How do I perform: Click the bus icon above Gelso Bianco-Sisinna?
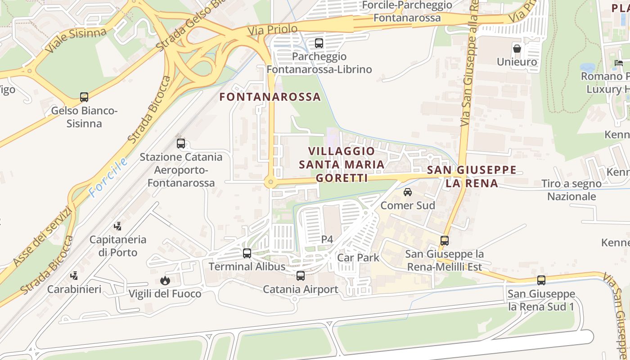coord(84,97)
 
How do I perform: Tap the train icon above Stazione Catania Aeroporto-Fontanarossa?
coord(181,144)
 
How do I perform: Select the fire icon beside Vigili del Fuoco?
coord(165,280)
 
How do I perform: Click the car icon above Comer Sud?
coord(408,192)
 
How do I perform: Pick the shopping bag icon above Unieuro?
coord(517,48)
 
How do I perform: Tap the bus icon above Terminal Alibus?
coord(247,253)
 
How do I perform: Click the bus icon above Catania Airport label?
coord(301,276)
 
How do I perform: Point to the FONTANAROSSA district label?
coord(270,97)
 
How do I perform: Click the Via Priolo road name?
coord(272,30)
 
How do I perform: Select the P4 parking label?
coord(327,239)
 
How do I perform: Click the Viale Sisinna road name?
coord(76,40)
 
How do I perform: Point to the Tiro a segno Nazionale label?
coord(571,190)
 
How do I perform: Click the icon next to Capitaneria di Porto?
coord(118,226)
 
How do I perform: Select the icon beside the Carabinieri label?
coord(74,275)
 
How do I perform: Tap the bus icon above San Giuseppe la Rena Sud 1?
coord(541,280)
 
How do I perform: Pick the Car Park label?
coord(358,258)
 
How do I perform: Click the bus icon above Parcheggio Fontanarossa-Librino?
coord(319,43)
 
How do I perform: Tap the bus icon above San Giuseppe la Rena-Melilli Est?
coord(445,240)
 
